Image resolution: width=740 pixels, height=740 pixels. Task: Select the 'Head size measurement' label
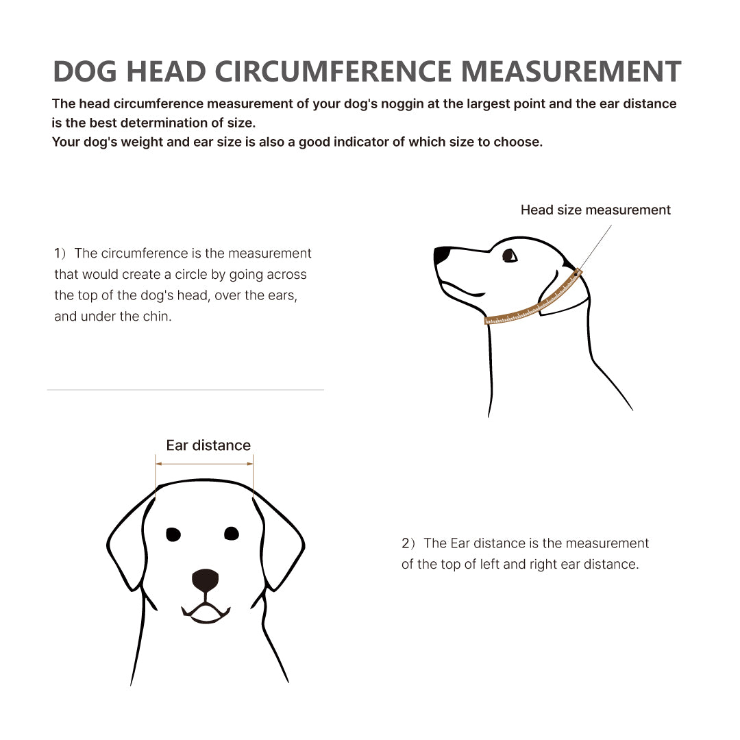point(595,210)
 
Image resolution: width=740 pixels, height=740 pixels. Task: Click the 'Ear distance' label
point(208,445)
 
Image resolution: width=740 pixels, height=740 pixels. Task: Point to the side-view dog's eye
point(509,256)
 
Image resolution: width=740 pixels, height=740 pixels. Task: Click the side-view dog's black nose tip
point(441,256)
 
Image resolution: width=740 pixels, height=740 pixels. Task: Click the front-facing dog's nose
point(205,580)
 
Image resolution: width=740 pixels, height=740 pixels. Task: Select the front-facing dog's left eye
point(173,534)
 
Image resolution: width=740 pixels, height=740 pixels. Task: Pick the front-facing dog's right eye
point(232,533)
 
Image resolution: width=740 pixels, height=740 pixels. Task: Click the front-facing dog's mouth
point(206,613)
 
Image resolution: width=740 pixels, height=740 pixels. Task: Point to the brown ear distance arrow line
point(204,464)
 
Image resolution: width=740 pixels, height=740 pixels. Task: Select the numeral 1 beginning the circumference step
point(58,254)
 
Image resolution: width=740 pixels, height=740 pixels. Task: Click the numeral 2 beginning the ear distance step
point(406,543)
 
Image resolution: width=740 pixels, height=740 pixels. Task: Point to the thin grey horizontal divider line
point(185,390)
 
